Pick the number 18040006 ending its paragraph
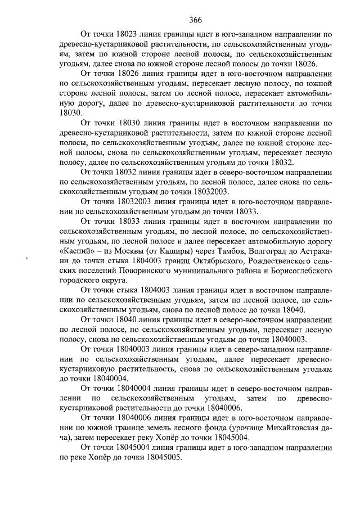coord(223,408)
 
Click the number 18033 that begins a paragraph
coord(132,222)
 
